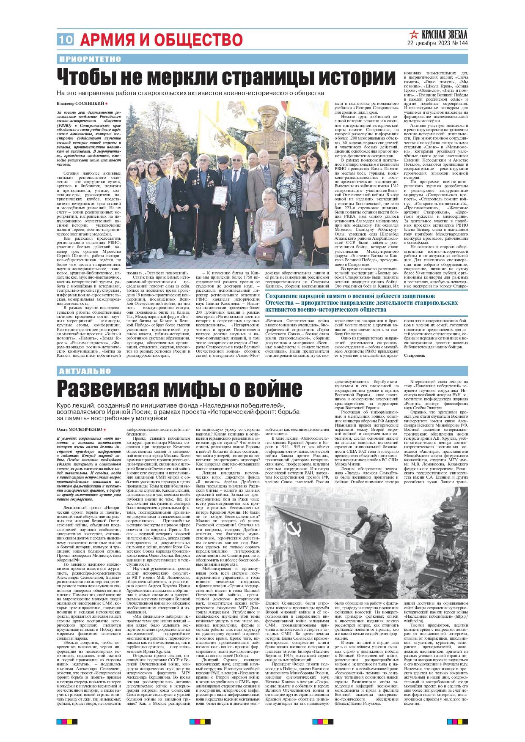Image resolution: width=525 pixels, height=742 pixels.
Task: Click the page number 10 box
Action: point(65,40)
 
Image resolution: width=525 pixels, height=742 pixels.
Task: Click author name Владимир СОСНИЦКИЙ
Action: point(80,104)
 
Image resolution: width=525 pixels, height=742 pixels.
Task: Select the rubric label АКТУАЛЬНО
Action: point(85,371)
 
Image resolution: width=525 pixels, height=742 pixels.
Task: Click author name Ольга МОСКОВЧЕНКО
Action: point(79,429)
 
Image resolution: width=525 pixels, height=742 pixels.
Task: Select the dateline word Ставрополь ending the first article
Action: point(414,356)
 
